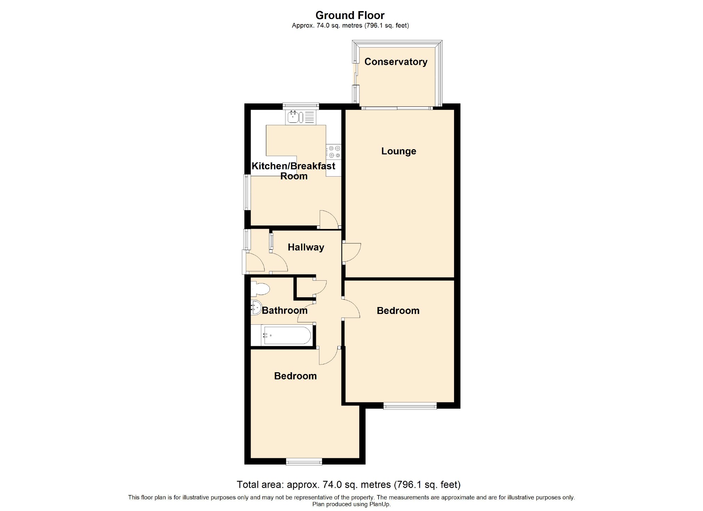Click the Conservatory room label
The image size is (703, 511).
click(x=396, y=62)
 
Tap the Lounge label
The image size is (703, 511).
click(x=399, y=151)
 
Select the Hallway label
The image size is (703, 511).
click(x=306, y=247)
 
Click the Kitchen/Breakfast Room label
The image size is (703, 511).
click(x=293, y=171)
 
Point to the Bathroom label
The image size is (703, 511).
click(x=285, y=310)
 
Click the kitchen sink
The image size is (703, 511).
click(x=301, y=117)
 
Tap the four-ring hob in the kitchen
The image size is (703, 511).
click(x=334, y=152)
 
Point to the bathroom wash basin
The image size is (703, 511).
click(x=256, y=307)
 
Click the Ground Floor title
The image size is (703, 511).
click(x=350, y=15)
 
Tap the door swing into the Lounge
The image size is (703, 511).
click(x=351, y=252)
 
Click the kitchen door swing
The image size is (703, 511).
click(x=329, y=219)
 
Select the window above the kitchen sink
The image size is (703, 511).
click(x=301, y=105)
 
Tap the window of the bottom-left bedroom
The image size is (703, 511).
click(x=304, y=461)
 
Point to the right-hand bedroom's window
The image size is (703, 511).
click(x=410, y=406)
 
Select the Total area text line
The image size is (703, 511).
click(x=349, y=485)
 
